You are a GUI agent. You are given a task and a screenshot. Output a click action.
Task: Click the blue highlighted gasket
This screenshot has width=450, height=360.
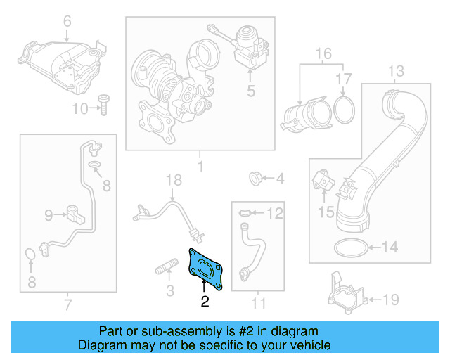(205, 268)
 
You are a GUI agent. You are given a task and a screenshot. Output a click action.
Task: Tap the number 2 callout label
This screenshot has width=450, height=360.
(205, 303)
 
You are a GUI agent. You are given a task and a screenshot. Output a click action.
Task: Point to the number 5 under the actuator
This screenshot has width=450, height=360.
(249, 90)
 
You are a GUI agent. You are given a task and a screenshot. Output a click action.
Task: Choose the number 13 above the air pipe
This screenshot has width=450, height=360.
(396, 71)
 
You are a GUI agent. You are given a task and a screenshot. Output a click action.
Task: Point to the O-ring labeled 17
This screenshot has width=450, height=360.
(342, 108)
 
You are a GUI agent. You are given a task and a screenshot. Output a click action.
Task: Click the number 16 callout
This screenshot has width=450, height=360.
(323, 54)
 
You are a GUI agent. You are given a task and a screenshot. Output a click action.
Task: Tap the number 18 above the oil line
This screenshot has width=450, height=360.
(174, 181)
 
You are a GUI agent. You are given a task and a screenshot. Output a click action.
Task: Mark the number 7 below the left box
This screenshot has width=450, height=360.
(67, 304)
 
